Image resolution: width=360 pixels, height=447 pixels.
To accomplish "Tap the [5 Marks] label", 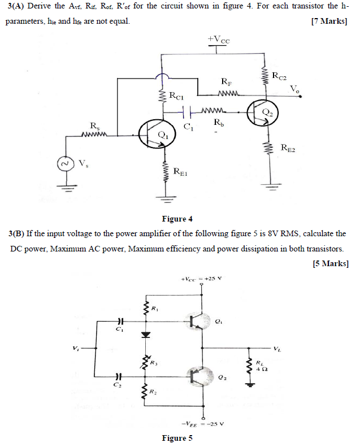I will click(329, 263).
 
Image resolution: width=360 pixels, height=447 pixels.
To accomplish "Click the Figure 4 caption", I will click(177, 219).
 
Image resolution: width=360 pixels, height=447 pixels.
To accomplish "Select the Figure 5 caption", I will click(177, 438).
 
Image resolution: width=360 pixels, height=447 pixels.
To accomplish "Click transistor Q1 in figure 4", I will click(154, 134).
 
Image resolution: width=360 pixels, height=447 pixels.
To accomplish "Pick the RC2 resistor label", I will click(279, 75).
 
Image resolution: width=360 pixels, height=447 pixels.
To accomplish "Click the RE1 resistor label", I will click(181, 171).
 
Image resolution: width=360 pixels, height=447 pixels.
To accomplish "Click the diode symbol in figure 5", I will click(146, 335).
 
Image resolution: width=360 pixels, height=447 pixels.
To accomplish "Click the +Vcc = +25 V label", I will click(202, 279).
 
